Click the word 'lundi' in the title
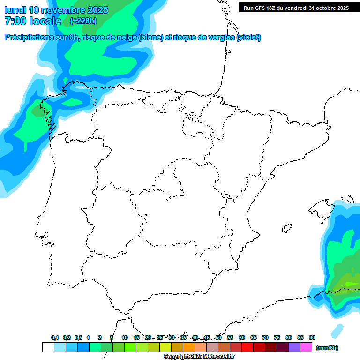tap(15, 10)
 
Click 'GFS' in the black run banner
tap(260, 8)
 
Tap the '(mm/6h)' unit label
tap(327, 348)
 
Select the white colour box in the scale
tap(48, 347)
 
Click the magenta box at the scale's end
tap(306, 347)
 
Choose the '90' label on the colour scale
tap(312, 337)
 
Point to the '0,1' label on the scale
tap(55, 337)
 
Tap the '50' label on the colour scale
tap(218, 337)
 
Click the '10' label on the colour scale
tap(125, 337)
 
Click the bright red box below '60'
tap(247, 347)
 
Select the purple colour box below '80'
tap(294, 347)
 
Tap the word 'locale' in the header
tap(45, 21)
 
